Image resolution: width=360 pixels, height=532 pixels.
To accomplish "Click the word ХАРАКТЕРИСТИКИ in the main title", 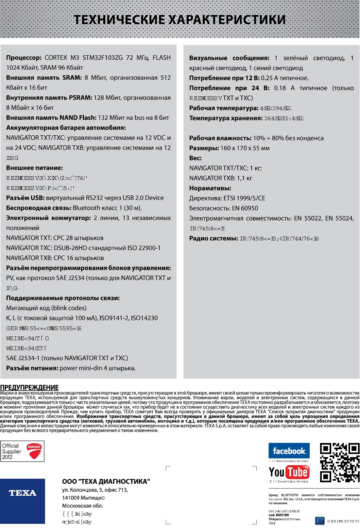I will tap(227, 20).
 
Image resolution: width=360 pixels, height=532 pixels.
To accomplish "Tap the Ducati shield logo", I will tap(34, 451).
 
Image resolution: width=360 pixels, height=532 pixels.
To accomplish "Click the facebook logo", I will tap(289, 451).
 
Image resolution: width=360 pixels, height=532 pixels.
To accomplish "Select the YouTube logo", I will tap(289, 472).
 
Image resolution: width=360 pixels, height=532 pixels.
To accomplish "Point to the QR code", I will tap(339, 462).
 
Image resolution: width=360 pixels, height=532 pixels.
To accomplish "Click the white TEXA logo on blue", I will tap(23, 493).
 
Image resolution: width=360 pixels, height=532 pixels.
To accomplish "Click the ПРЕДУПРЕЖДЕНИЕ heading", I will tap(29, 387).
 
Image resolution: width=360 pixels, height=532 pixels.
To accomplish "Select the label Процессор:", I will tap(24, 58).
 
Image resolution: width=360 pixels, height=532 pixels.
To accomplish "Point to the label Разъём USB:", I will tap(25, 198).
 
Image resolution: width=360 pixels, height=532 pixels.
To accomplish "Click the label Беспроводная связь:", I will tap(39, 208).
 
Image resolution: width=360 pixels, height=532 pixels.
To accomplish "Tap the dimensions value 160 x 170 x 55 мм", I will tap(245, 148).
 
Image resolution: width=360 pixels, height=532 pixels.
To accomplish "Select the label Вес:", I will tap(195, 158).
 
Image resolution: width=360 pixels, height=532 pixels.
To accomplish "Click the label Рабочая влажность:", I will tap(220, 138).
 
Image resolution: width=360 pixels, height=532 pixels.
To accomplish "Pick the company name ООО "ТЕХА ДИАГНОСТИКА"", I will tap(106, 481).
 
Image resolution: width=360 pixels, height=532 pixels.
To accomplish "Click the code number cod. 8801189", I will tap(279, 515).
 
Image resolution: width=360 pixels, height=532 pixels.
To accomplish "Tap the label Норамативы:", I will tap(210, 188).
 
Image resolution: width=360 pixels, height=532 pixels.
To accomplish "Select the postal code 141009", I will tap(71, 498).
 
